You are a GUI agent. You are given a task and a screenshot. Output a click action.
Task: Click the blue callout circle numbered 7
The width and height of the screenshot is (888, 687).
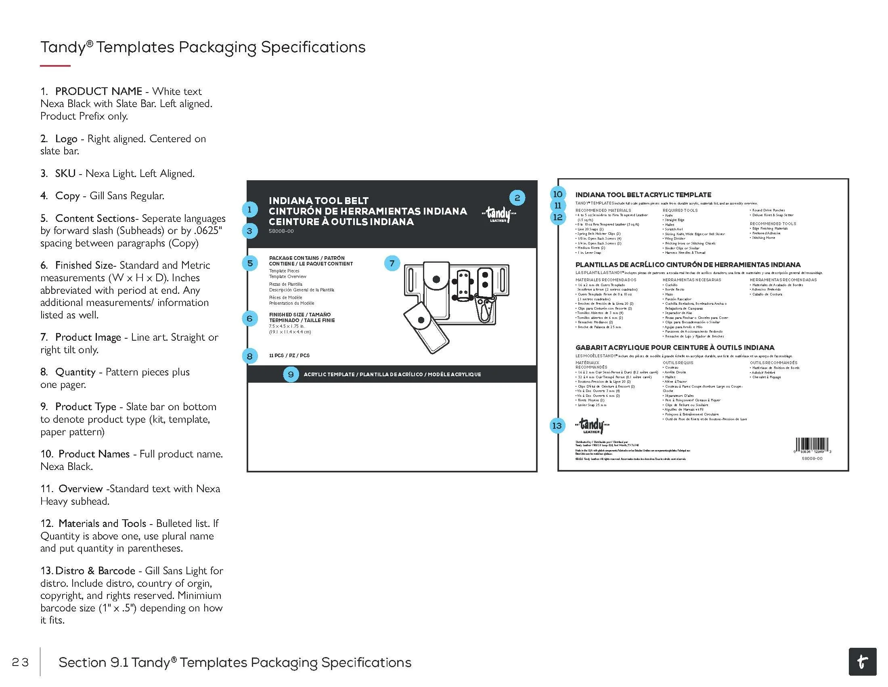click(392, 263)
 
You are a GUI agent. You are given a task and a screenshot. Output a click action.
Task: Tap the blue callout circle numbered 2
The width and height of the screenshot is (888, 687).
click(517, 198)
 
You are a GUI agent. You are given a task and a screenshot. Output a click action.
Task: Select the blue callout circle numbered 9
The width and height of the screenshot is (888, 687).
click(291, 374)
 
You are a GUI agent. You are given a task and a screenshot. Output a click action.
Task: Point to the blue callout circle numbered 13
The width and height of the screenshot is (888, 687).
click(557, 426)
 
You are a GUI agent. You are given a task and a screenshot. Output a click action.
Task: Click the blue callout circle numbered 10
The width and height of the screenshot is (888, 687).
click(558, 194)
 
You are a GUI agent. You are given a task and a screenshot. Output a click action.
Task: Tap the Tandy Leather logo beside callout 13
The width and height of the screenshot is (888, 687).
click(592, 426)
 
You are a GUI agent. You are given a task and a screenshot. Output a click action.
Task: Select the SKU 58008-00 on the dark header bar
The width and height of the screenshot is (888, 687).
click(281, 231)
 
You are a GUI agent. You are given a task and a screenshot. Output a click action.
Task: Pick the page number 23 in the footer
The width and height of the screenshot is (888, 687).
click(20, 663)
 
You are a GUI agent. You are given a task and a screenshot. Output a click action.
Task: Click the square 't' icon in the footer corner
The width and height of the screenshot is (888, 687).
click(863, 662)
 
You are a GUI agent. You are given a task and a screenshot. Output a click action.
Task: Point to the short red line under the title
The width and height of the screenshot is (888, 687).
click(55, 65)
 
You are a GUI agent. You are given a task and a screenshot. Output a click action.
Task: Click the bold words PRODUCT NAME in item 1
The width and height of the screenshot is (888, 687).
click(98, 91)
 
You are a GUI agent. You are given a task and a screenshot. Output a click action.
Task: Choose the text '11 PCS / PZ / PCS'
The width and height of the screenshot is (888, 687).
click(289, 356)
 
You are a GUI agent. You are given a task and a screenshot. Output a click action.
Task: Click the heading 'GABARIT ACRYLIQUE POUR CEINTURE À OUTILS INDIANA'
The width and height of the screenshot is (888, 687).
click(674, 348)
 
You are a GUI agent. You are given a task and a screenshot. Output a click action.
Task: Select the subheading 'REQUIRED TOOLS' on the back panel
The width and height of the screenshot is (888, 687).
click(680, 211)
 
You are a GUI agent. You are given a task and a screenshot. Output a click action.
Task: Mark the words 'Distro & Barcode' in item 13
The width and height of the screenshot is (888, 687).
click(95, 571)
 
